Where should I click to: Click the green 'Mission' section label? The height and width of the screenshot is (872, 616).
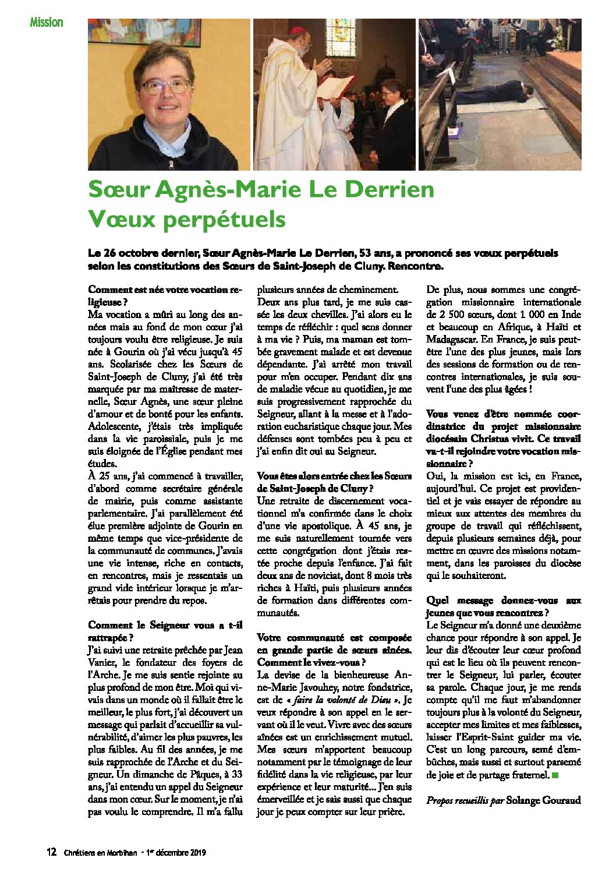[46, 22]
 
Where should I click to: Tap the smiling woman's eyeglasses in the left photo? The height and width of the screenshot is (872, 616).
[166, 86]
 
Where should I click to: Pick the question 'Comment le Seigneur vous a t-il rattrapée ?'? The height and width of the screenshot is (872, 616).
[165, 631]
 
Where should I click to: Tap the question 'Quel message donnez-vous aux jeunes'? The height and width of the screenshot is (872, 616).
[503, 606]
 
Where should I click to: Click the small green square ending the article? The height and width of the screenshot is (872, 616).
[555, 775]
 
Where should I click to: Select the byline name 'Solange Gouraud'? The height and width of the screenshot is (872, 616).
[544, 800]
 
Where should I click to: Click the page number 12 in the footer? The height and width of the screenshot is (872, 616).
[52, 852]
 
